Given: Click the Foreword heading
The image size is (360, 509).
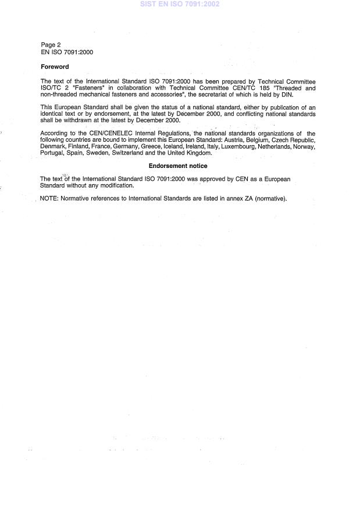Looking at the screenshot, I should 55,67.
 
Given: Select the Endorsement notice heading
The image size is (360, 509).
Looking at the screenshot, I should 177,166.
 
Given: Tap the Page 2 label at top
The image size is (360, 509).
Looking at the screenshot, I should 51,45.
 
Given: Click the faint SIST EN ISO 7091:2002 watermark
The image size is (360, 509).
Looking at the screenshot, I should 180,4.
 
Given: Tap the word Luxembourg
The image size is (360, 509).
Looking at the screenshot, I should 240,146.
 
